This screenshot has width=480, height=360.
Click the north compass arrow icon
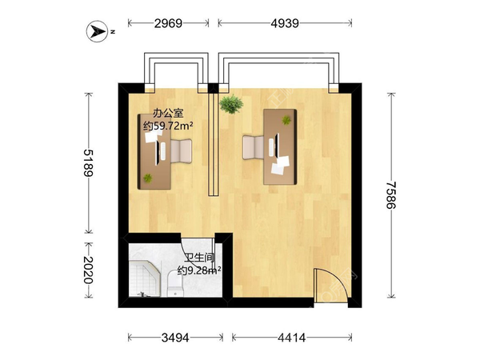click(x=98, y=31)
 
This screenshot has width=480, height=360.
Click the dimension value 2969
click(x=168, y=23)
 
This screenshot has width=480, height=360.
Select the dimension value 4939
click(x=285, y=23)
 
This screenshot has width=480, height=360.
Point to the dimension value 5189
click(x=89, y=163)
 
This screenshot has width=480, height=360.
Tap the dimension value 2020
click(x=89, y=270)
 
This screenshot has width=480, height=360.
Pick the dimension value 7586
click(x=391, y=195)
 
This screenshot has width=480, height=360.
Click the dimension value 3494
click(x=175, y=338)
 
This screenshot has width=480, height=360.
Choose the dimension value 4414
click(x=292, y=338)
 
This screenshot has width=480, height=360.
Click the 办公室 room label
click(x=168, y=114)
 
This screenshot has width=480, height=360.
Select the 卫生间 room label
click(x=199, y=258)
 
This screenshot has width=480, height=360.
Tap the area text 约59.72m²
click(x=168, y=126)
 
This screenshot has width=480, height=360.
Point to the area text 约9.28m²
click(x=199, y=270)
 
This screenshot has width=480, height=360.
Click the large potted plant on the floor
click(x=231, y=104)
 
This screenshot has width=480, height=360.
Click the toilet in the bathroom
click(x=175, y=283)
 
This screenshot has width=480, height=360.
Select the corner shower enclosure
click(x=145, y=279)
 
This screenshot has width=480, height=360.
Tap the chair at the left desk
click(x=181, y=151)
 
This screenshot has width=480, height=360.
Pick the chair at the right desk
click(x=253, y=147)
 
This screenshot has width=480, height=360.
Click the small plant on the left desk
click(x=147, y=178)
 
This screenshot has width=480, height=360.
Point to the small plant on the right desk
click(x=286, y=120)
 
